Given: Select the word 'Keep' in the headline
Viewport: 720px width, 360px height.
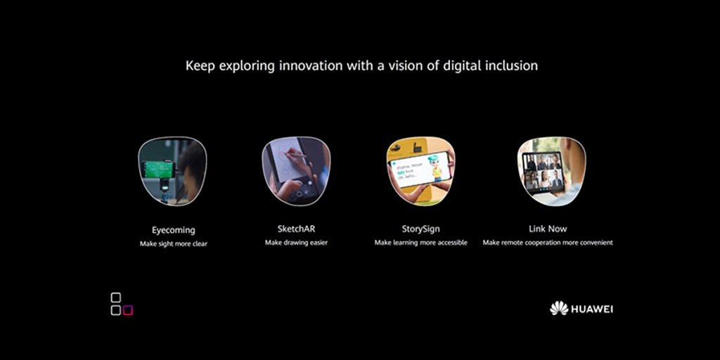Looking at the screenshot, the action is (200, 66).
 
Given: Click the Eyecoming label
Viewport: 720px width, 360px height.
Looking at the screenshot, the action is (174, 230).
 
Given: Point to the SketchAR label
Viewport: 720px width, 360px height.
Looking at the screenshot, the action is (296, 229).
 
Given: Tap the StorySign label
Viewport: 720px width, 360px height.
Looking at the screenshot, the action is (420, 229).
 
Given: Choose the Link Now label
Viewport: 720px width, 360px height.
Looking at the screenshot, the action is (548, 229).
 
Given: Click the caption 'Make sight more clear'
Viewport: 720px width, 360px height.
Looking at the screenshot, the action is (174, 244).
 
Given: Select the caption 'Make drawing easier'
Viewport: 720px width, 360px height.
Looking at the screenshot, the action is (296, 243).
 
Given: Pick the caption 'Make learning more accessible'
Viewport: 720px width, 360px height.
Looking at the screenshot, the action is (420, 243).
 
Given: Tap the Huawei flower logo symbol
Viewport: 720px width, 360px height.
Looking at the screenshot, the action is (559, 308).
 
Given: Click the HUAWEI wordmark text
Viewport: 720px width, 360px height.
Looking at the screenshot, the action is (592, 309).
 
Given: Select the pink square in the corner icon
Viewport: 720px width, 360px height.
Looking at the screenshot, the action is (128, 310).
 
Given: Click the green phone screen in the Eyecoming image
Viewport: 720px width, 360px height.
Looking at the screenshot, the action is (157, 170).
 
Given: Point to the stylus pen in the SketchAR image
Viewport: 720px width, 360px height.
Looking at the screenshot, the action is (297, 154).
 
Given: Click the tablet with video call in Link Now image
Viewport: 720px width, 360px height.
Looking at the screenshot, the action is (544, 171).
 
